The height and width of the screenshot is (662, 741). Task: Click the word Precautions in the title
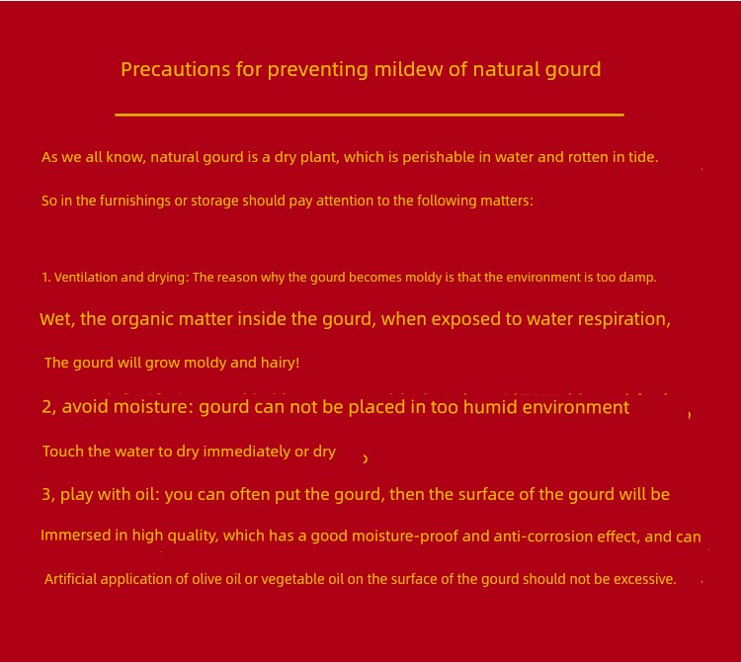pyautogui.click(x=175, y=69)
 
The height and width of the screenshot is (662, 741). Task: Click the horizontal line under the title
pyautogui.click(x=370, y=115)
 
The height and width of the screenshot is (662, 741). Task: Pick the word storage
pyautogui.click(x=214, y=201)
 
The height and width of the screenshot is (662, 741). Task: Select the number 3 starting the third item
pyautogui.click(x=46, y=494)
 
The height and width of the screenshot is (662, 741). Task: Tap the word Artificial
pyautogui.click(x=70, y=579)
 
